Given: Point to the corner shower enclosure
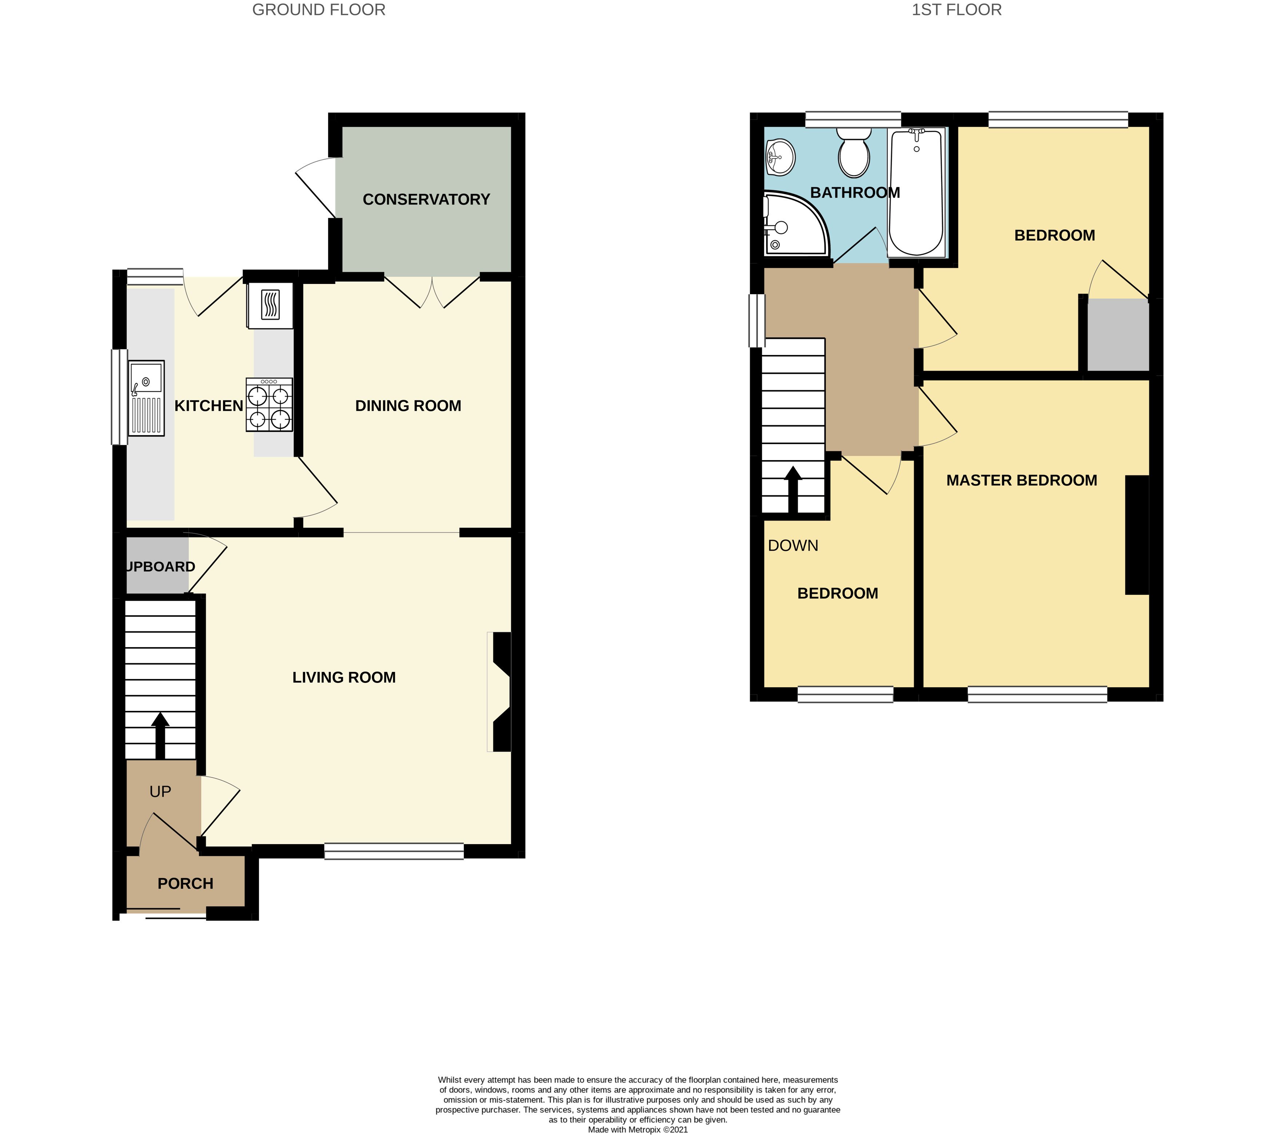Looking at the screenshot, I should click(793, 225).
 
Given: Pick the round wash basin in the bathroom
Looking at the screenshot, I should click(780, 157).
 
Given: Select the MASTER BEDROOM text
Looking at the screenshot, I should click(1021, 481).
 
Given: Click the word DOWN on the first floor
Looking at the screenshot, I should click(793, 545).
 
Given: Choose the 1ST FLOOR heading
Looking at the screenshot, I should click(957, 10).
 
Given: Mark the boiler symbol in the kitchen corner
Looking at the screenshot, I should click(270, 305).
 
